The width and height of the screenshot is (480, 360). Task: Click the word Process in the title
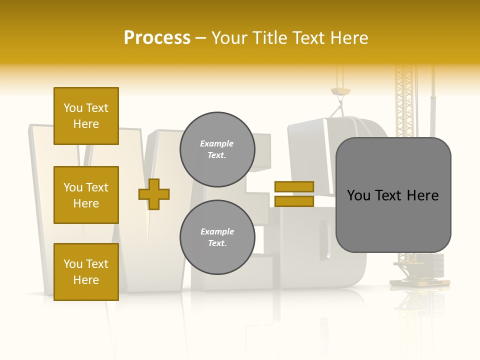click(157, 38)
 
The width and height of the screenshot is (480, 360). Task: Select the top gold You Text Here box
click(86, 116)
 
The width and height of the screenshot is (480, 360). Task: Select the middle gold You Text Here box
click(86, 195)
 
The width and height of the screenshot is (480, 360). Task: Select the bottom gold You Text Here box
click(86, 272)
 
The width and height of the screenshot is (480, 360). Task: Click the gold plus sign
click(154, 194)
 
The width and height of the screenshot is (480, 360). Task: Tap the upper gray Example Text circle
click(217, 149)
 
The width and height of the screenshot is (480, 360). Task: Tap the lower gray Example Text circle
click(217, 237)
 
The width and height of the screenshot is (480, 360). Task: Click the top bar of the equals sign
click(294, 186)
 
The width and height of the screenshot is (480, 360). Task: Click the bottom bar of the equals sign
click(294, 201)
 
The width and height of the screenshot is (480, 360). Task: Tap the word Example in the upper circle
click(217, 144)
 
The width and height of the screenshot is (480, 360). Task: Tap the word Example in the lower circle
click(217, 232)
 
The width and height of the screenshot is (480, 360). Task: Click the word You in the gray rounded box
click(359, 195)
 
